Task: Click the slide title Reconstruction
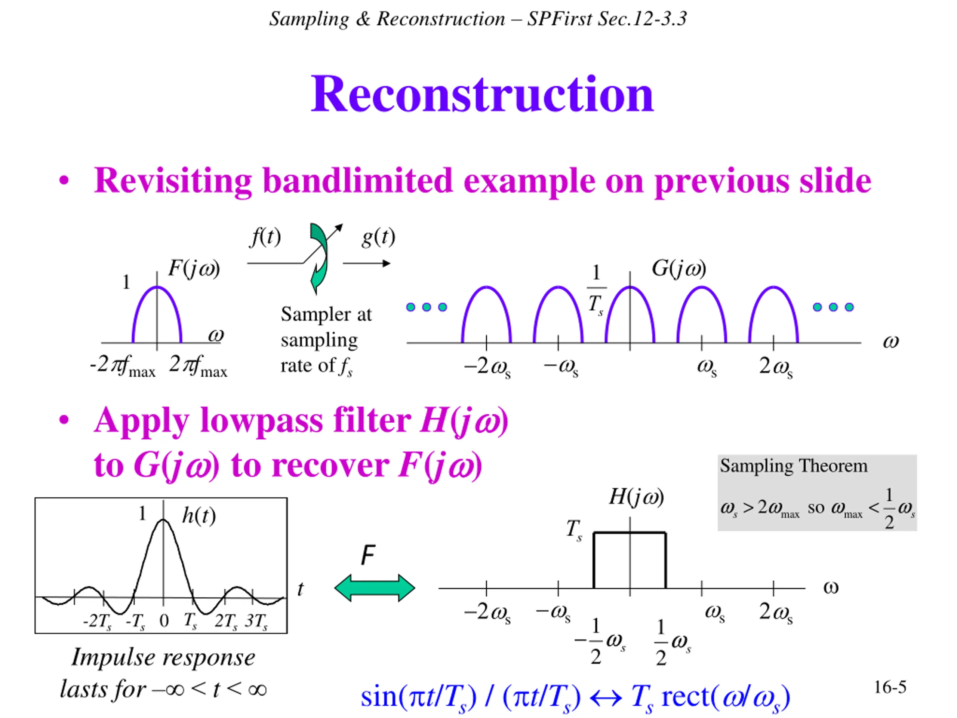482,94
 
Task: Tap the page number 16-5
890,687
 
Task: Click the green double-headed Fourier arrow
375,588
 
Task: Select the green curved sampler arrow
319,258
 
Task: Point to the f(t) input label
265,237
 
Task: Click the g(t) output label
379,237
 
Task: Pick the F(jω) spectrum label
194,269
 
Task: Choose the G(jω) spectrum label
679,269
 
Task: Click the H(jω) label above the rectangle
636,496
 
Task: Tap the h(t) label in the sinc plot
199,515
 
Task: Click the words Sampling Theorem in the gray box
794,466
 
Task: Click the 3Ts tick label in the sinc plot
256,622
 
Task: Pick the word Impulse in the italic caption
113,658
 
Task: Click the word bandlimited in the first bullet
358,181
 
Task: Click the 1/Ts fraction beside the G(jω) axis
596,290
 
